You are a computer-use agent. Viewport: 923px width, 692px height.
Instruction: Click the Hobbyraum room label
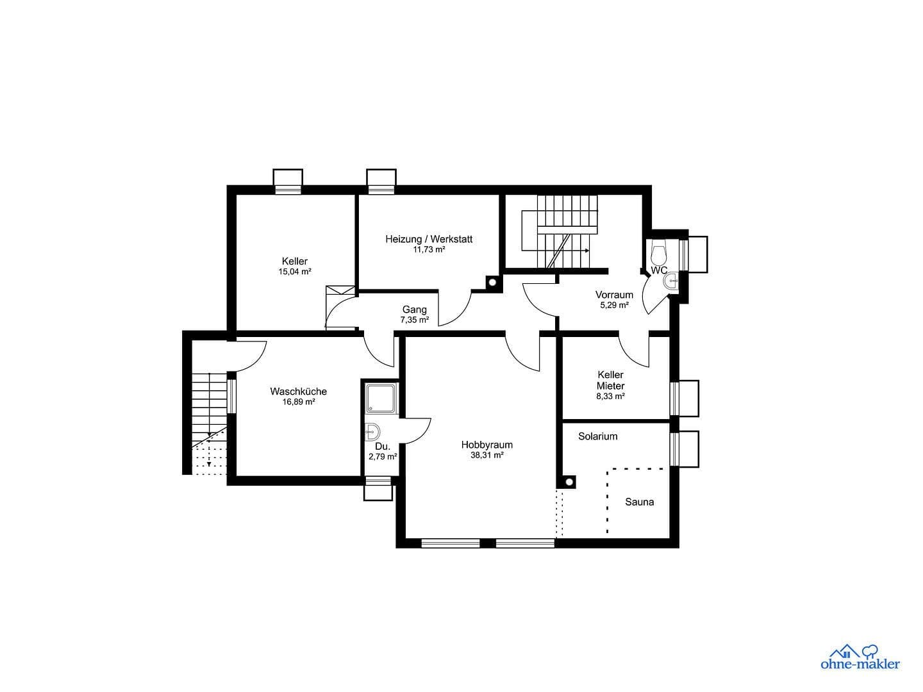click(486, 445)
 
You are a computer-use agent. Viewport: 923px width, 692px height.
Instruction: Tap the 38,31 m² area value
click(486, 456)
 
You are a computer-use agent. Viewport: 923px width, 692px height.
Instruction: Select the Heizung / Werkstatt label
click(429, 239)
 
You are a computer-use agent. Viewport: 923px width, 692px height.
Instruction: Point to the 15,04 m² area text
click(294, 272)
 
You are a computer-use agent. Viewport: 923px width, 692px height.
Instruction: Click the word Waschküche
click(298, 391)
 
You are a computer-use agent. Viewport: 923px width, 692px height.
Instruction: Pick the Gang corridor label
click(414, 309)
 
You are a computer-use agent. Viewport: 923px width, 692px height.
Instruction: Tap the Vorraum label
click(614, 295)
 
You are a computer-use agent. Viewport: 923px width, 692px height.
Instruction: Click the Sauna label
click(639, 502)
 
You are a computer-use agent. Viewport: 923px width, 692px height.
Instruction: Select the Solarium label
click(597, 436)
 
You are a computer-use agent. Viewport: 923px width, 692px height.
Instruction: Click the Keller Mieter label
click(610, 380)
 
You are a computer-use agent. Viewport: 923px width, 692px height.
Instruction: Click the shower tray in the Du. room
click(381, 397)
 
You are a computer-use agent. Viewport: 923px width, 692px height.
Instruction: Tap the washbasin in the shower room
click(372, 432)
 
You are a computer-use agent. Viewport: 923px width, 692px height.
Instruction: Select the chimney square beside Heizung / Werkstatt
click(492, 281)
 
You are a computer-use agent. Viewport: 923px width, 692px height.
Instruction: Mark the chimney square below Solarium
click(567, 481)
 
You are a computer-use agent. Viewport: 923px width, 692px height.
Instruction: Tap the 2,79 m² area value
click(383, 457)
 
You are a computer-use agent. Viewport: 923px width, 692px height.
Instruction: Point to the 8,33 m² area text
click(610, 397)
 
